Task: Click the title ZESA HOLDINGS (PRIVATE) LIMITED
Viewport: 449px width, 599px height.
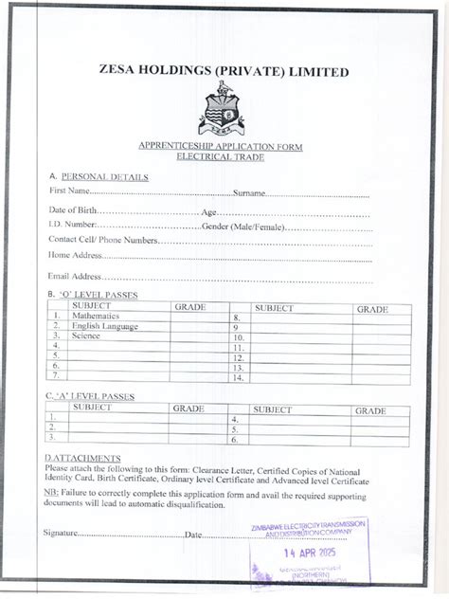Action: (x=224, y=72)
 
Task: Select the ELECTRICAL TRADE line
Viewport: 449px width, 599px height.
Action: (x=224, y=156)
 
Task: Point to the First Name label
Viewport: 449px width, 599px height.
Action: (x=69, y=192)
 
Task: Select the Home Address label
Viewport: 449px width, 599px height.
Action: (x=74, y=255)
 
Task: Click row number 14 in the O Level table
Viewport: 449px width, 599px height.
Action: (x=238, y=378)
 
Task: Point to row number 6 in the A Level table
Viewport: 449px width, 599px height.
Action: (x=234, y=440)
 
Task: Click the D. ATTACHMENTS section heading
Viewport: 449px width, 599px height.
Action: (x=82, y=458)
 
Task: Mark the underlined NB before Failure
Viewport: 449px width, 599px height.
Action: (x=50, y=494)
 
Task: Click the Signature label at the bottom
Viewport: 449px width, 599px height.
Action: (x=60, y=533)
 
